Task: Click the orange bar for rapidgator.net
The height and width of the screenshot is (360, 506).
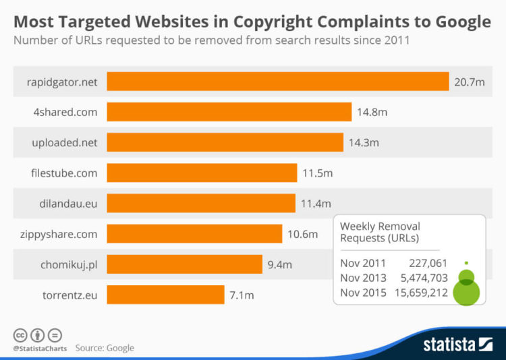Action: click(x=278, y=81)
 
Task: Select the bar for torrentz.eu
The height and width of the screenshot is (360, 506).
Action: click(x=165, y=295)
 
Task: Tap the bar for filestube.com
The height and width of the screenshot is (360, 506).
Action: click(x=202, y=173)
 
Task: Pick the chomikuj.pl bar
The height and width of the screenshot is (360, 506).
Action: click(x=184, y=264)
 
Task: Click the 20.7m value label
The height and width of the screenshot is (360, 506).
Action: click(x=470, y=82)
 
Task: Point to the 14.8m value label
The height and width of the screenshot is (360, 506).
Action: click(x=372, y=112)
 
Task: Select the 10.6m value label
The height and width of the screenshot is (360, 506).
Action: click(x=302, y=234)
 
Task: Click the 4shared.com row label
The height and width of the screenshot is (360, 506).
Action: click(x=65, y=112)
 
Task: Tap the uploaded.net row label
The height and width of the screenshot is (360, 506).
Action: click(x=65, y=142)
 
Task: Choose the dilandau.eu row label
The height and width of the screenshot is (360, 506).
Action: click(x=67, y=204)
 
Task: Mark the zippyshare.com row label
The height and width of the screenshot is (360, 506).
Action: click(x=59, y=234)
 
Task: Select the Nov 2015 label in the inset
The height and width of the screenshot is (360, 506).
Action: click(x=363, y=293)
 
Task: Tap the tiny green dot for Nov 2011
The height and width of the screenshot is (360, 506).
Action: click(x=466, y=263)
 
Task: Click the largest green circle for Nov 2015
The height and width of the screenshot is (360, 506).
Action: click(x=466, y=293)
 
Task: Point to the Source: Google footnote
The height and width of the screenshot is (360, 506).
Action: click(x=105, y=348)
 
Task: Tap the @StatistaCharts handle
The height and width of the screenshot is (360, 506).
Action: click(x=38, y=348)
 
